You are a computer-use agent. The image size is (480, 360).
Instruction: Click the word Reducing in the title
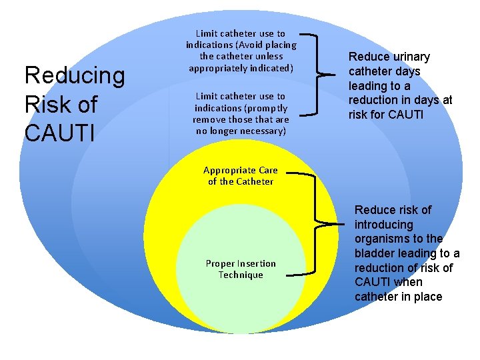[74, 76]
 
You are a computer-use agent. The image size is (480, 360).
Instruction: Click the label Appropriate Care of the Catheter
[241, 175]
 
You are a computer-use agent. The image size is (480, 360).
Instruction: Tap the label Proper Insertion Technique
[241, 269]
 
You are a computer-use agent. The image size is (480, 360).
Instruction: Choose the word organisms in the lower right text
[381, 239]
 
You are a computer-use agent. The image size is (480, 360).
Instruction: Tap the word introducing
[384, 225]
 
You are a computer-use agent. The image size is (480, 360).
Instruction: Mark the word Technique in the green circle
[241, 275]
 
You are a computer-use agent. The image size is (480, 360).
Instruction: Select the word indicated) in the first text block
[267, 68]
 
